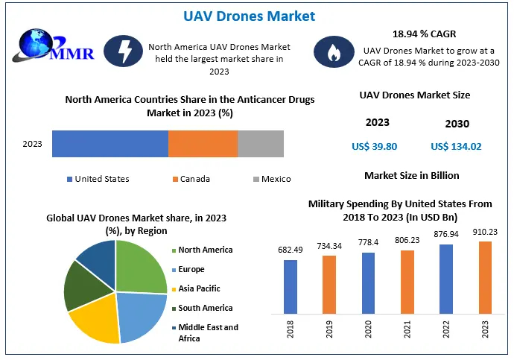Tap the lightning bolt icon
121,51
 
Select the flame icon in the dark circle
328,51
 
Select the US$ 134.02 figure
456,147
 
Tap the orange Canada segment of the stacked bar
203,143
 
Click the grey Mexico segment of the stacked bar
260,143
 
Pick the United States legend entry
101,179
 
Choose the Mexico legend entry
276,179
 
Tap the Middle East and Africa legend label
208,332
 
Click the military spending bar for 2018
291,285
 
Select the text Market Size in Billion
411,176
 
